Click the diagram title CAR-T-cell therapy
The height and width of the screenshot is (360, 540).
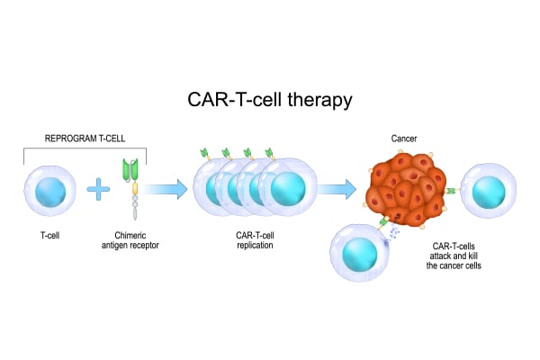click(269, 99)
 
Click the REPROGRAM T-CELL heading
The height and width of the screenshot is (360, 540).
click(85, 139)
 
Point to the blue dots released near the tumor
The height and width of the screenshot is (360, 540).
click(395, 231)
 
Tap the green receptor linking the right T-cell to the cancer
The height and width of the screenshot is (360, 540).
click(454, 191)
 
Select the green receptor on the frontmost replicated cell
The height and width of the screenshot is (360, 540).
click(269, 155)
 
